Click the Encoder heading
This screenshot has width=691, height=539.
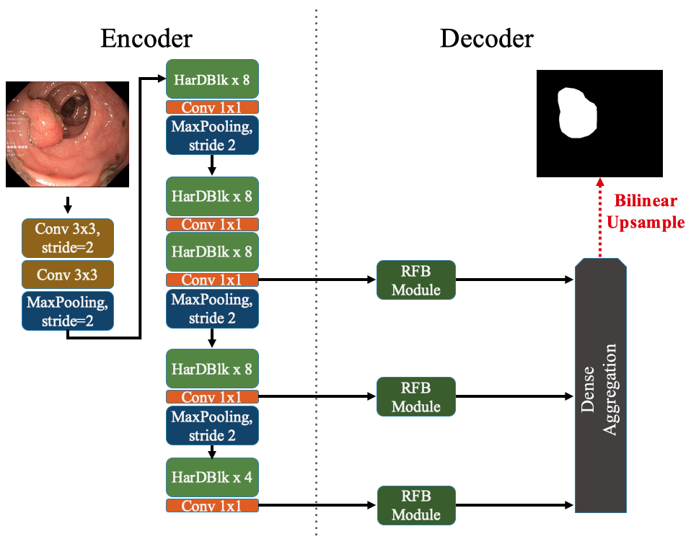pos(146,37)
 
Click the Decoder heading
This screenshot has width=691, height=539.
pos(487,37)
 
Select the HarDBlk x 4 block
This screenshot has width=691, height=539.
pos(212,477)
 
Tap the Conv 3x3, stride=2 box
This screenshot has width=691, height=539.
pos(68,238)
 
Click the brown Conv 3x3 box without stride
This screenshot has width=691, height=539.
pos(68,275)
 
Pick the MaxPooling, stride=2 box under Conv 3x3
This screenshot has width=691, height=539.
pos(68,311)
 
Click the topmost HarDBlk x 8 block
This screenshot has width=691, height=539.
pos(212,80)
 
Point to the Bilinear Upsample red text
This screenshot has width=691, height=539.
pos(645,211)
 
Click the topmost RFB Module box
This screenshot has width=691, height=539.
pos(416,280)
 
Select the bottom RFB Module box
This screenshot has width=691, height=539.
pos(416,505)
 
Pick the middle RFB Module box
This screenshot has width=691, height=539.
pos(416,396)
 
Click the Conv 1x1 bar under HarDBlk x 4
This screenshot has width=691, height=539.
pos(212,506)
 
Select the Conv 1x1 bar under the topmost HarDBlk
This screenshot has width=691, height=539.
pos(212,107)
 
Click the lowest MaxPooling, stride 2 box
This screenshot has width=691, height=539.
pos(212,427)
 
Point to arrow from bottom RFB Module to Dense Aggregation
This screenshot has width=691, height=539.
pos(514,505)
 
